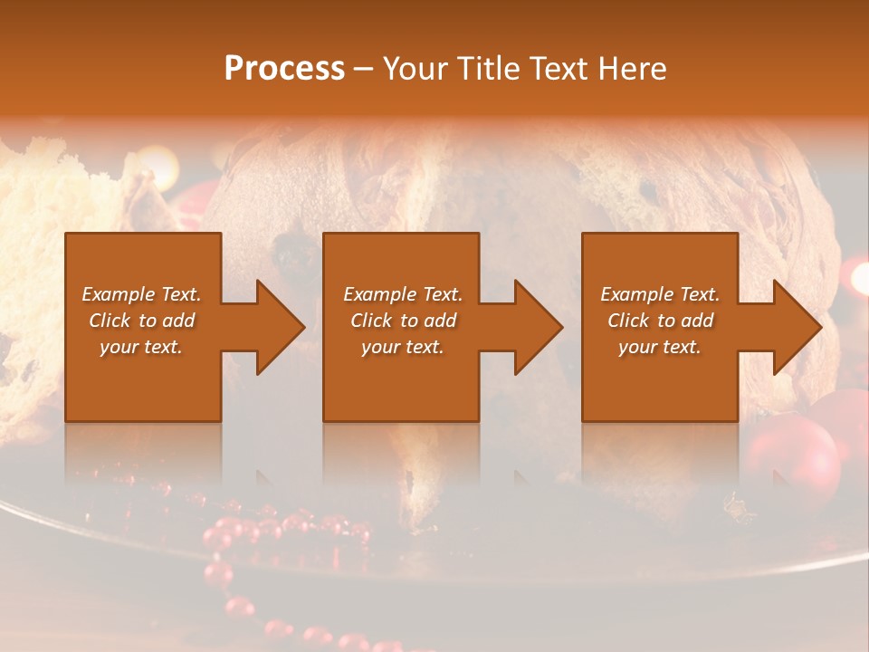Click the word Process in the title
[x=284, y=69]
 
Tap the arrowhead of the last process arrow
[x=796, y=327]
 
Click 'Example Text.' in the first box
[x=142, y=294]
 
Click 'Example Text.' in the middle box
[x=403, y=294]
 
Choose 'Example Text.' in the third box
[x=660, y=294]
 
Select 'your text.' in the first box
[x=142, y=347]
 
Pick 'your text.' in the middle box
[x=403, y=347]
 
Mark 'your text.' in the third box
[x=660, y=347]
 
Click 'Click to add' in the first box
[x=142, y=321]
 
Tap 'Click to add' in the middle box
[x=403, y=321]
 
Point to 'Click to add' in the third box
[x=660, y=321]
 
